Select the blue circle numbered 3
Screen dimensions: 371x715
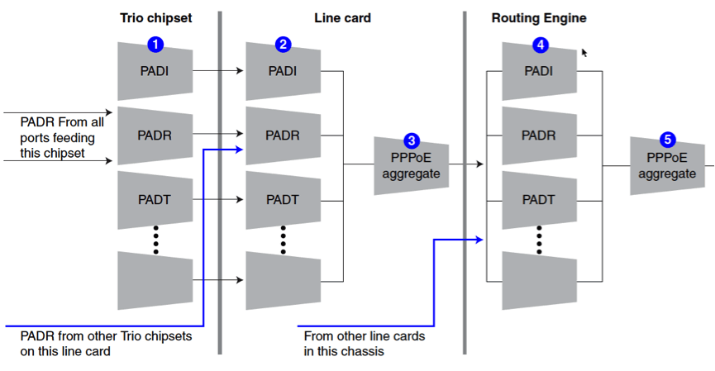(411, 140)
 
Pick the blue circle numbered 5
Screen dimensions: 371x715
(667, 140)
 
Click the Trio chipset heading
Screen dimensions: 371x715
(155, 17)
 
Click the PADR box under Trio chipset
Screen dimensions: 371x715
(155, 135)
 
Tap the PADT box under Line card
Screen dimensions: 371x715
(283, 199)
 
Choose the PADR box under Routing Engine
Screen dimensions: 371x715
(539, 135)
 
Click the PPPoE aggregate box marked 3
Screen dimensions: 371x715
(411, 165)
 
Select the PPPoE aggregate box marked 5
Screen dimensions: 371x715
(667, 165)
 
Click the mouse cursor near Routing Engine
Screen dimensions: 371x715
(584, 52)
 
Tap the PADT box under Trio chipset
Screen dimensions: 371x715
(155, 199)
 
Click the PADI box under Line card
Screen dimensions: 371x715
(283, 71)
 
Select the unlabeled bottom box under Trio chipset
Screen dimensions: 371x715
(155, 279)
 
